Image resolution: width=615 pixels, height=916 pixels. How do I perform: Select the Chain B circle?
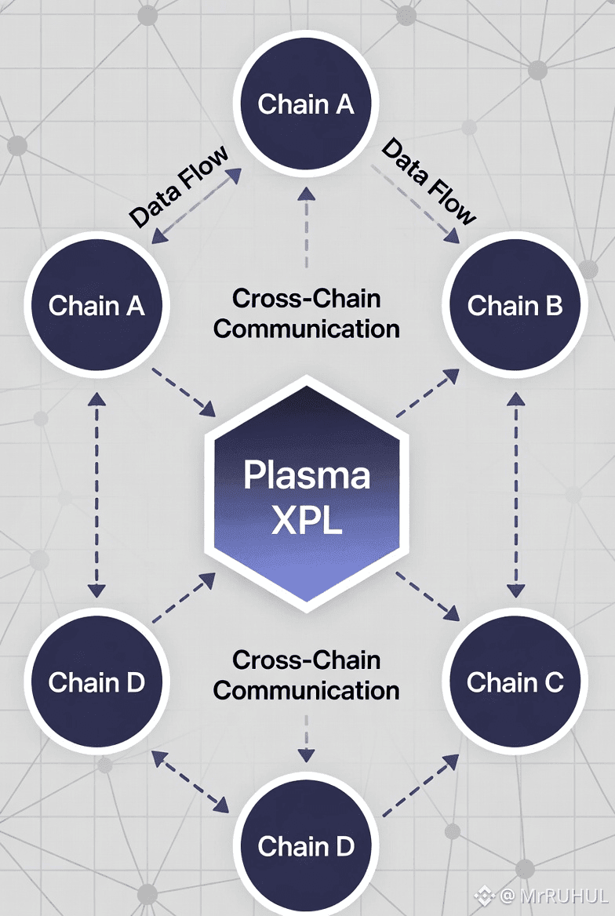tap(515, 305)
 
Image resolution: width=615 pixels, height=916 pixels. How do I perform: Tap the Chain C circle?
tap(515, 682)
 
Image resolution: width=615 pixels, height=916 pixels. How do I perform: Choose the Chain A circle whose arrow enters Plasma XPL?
tap(96, 305)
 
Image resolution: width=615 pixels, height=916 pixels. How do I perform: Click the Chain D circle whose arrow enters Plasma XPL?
tap(96, 682)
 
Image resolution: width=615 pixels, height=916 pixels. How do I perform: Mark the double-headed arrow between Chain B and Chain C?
tap(515, 494)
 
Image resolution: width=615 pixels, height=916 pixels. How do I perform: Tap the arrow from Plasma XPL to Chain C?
tap(427, 594)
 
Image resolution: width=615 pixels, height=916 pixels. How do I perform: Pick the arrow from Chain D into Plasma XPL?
tap(183, 598)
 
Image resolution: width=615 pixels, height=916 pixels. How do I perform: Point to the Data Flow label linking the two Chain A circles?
tap(180, 186)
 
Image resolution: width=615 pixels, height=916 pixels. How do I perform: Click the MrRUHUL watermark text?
tap(553, 894)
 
